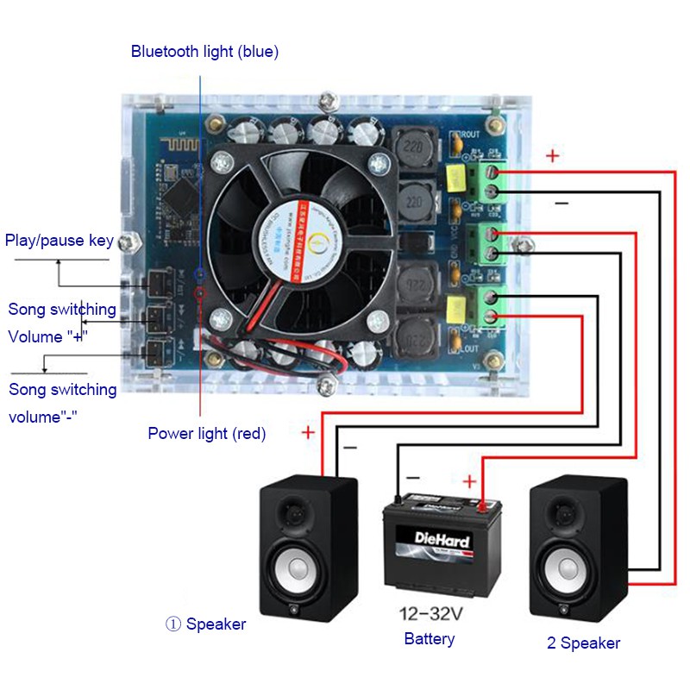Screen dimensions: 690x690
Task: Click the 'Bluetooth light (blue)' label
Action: (x=204, y=52)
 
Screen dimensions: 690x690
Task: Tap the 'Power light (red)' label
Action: (x=206, y=433)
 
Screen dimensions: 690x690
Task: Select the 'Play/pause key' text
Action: (x=60, y=240)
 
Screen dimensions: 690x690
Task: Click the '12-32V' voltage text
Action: (x=431, y=615)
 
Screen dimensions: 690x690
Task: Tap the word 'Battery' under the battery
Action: (x=429, y=639)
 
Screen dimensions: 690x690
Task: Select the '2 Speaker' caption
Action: (x=583, y=643)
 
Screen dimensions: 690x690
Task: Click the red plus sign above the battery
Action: (x=469, y=480)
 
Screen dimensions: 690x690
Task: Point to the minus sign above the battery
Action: (x=413, y=477)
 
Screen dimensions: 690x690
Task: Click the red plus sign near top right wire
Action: (x=552, y=156)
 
